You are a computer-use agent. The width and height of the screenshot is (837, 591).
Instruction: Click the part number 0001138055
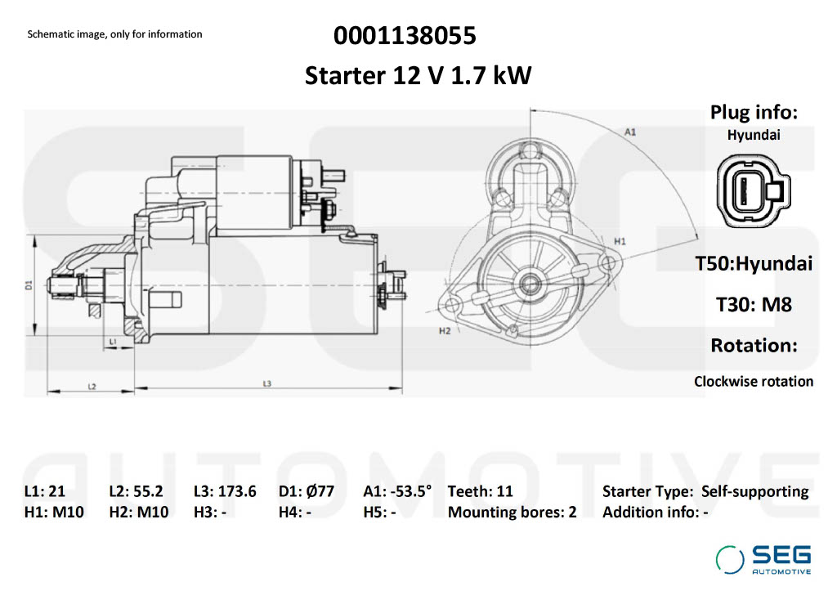(405, 36)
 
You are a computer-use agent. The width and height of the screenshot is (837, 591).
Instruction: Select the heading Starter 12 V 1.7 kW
(418, 75)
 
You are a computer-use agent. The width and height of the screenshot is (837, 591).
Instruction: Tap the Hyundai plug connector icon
(753, 190)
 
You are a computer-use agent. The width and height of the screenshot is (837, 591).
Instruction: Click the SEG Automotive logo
(763, 559)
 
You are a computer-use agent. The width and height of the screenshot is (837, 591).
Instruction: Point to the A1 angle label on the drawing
(630, 132)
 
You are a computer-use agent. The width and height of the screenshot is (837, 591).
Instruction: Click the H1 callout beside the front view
(620, 241)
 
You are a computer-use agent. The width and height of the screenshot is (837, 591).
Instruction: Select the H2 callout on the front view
(445, 331)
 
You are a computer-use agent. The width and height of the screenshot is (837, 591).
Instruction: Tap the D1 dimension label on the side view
(29, 285)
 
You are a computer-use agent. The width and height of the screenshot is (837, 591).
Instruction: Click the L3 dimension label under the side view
(267, 383)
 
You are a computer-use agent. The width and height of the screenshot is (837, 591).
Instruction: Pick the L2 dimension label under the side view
(92, 386)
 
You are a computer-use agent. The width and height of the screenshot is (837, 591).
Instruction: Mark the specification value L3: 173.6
(225, 491)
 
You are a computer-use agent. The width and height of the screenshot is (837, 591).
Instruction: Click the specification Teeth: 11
(480, 491)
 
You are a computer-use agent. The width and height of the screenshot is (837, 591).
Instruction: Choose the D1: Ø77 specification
(307, 491)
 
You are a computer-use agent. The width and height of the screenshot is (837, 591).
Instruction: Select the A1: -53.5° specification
(397, 491)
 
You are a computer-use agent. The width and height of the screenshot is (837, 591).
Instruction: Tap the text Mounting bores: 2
(512, 513)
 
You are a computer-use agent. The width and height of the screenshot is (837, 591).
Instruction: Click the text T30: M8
(753, 305)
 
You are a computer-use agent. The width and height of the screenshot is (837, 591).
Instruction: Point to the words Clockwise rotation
(753, 382)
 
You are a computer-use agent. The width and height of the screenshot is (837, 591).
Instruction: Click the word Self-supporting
(754, 492)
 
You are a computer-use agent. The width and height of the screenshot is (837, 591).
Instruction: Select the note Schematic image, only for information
(114, 34)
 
